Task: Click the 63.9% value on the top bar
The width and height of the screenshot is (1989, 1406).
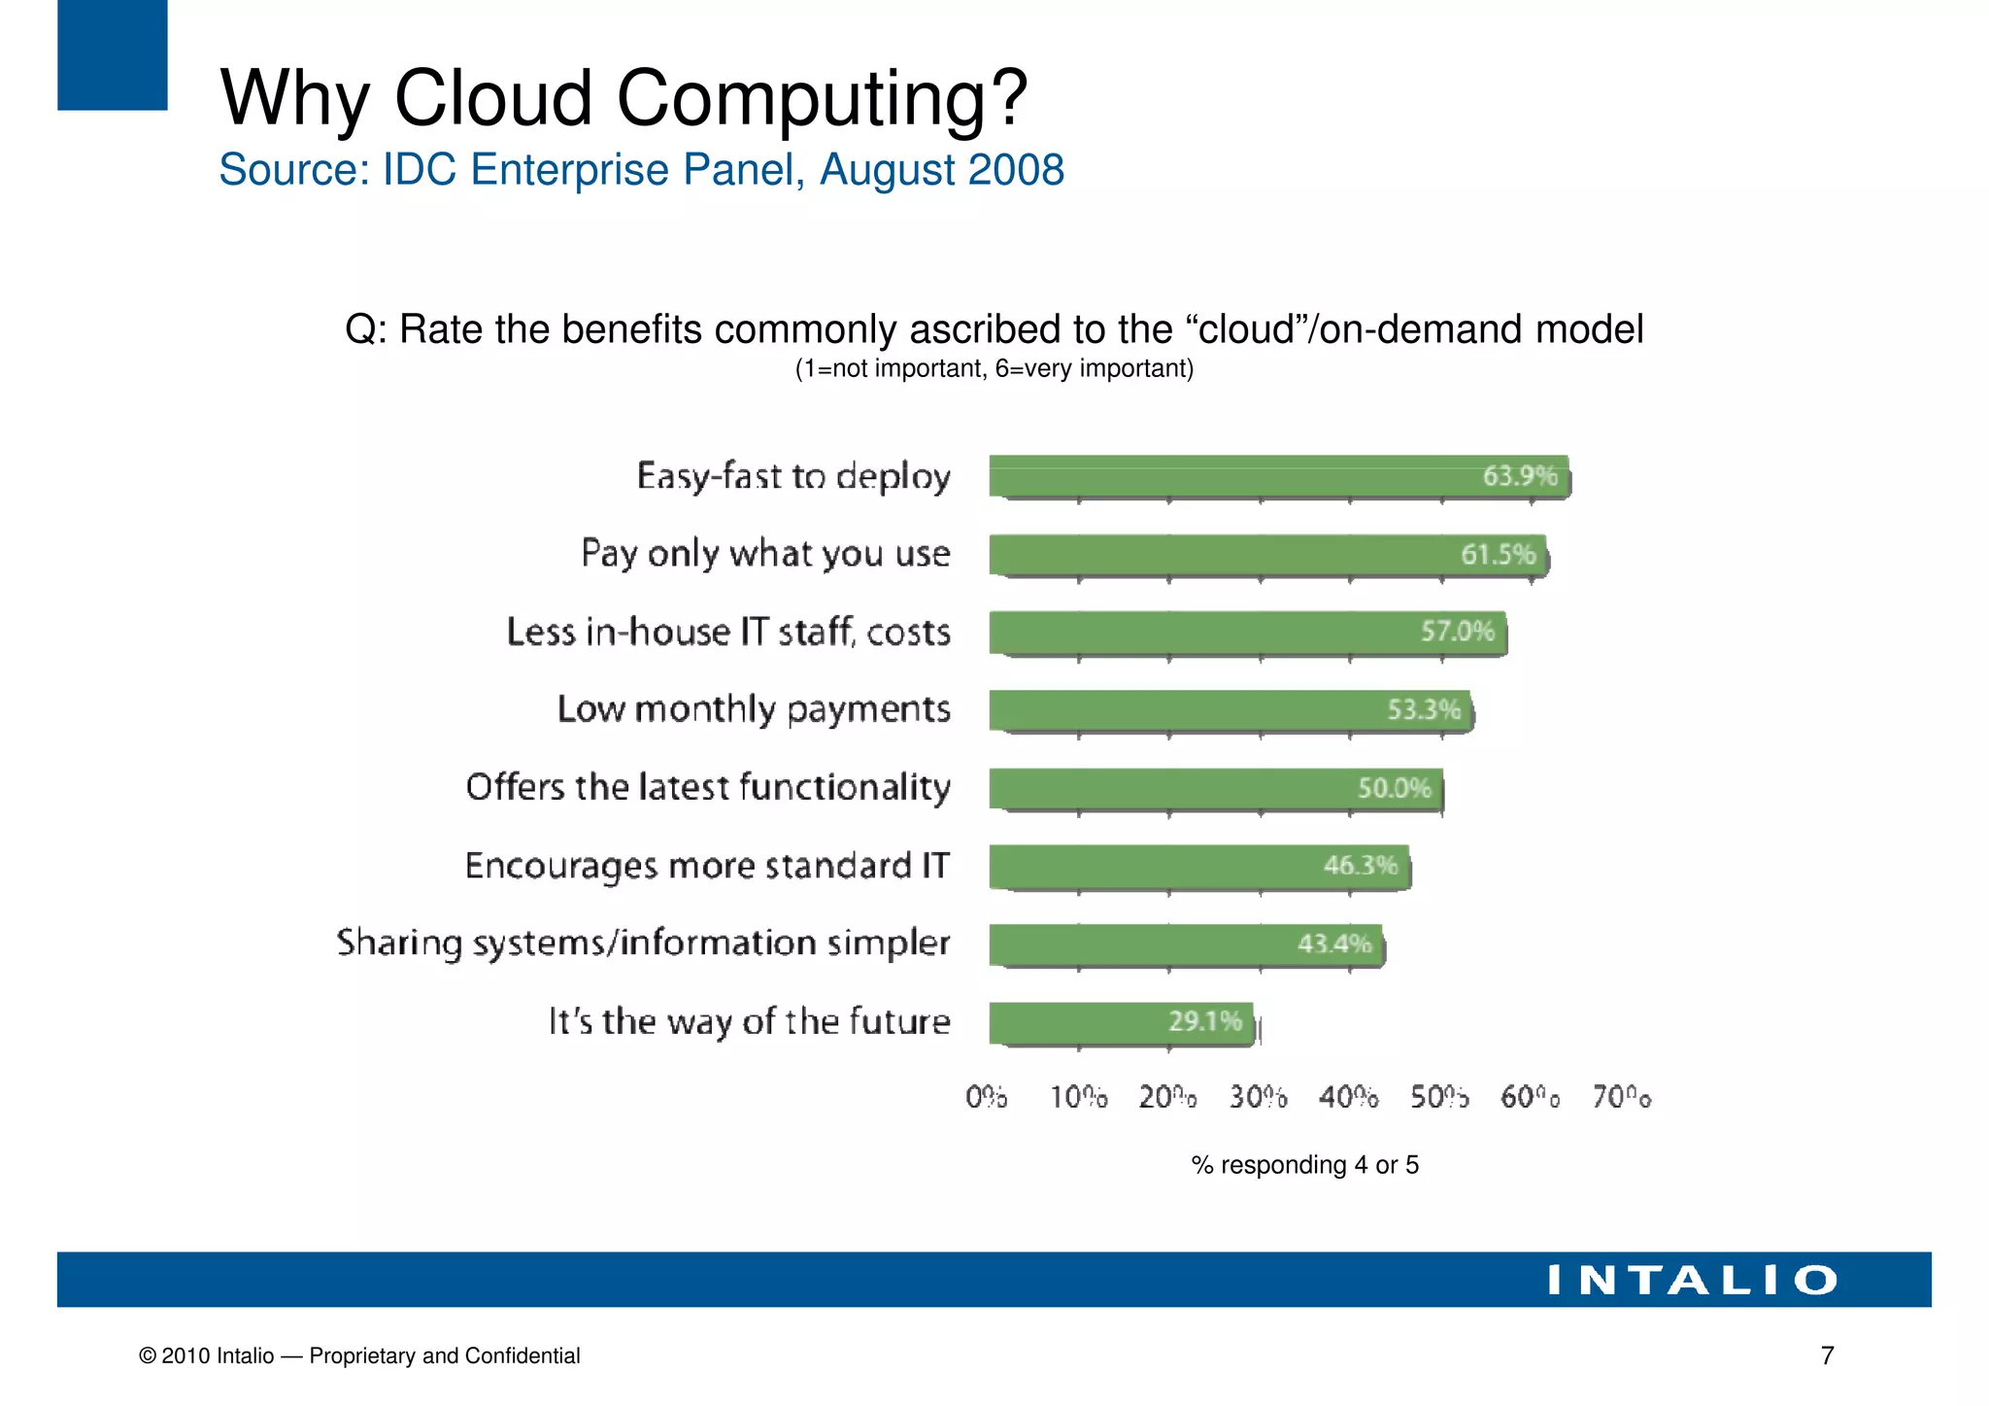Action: [x=1519, y=476]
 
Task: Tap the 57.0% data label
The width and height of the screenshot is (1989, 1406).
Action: [x=1457, y=632]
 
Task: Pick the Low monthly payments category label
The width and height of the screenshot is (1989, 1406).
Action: [x=754, y=710]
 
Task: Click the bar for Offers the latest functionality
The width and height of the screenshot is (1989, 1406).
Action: [x=1214, y=788]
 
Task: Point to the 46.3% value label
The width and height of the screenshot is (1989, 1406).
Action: [x=1360, y=865]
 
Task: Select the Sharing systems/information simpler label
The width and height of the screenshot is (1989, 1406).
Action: [x=643, y=943]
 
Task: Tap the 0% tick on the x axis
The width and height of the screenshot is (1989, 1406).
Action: [x=986, y=1097]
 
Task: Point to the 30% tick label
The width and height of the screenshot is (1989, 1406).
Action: [x=1258, y=1097]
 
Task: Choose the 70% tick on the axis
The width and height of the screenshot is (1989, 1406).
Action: [x=1621, y=1097]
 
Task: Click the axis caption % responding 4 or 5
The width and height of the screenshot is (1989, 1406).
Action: [x=1304, y=1165]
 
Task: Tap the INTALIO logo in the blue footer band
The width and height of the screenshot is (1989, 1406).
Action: [x=1692, y=1280]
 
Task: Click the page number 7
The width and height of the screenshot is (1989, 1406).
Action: [x=1827, y=1355]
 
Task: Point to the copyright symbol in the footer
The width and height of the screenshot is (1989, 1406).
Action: [x=148, y=1356]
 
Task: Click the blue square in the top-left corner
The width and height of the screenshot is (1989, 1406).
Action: [x=112, y=54]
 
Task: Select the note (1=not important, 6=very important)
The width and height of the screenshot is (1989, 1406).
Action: [x=994, y=369]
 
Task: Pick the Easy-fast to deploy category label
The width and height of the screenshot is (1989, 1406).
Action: [x=792, y=477]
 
